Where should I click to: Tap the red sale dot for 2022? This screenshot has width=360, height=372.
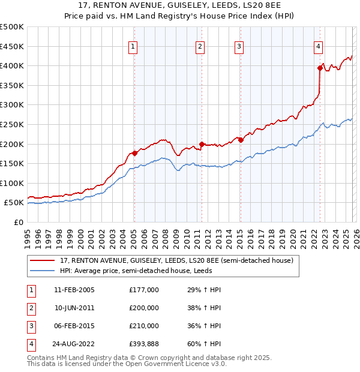pyautogui.click(x=320, y=68)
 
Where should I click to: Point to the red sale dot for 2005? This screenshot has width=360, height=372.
pyautogui.click(x=134, y=153)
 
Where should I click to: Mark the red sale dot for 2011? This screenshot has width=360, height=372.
pyautogui.click(x=202, y=144)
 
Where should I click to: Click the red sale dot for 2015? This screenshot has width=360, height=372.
pyautogui.click(x=241, y=140)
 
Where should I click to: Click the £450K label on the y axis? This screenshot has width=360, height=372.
pyautogui.click(x=12, y=46)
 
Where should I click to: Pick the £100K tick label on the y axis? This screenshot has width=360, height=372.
pyautogui.click(x=12, y=183)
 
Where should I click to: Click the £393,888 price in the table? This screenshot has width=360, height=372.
pyautogui.click(x=144, y=344)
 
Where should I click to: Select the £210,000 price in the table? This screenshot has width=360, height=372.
pyautogui.click(x=144, y=326)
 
